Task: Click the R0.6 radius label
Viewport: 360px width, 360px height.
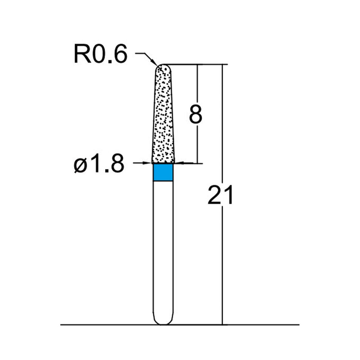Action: [x=100, y=54]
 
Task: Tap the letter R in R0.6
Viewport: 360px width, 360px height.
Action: [x=81, y=54]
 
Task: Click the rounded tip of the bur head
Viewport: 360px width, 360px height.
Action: [x=162, y=67]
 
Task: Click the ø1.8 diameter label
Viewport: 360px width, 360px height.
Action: [x=98, y=165]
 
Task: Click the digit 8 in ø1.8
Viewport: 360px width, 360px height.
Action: [x=116, y=165]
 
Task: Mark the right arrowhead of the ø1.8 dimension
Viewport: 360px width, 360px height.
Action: [x=177, y=163]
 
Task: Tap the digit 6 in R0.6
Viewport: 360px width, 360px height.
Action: [x=120, y=54]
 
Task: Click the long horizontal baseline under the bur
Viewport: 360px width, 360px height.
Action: [x=112, y=324]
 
